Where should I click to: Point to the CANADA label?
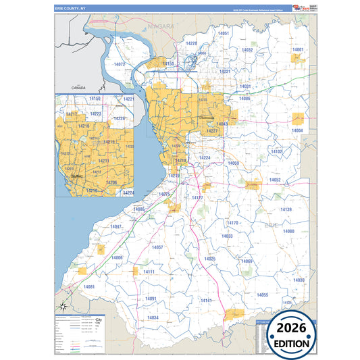click(x=80, y=88)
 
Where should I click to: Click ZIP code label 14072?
click(x=120, y=64)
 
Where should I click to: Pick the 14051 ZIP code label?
click(x=224, y=33)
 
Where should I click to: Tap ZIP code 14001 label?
click(x=297, y=50)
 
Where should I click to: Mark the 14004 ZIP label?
click(x=297, y=130)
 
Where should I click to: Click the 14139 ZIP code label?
click(x=286, y=210)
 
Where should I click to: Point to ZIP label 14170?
click(x=232, y=223)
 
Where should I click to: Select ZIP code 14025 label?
click(x=210, y=259)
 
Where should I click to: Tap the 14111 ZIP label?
click(x=149, y=272)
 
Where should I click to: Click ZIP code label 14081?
click(x=90, y=287)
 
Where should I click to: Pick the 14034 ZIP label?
click(x=153, y=317)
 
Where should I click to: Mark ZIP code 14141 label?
click(x=206, y=301)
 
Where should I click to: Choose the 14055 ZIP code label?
click(x=262, y=295)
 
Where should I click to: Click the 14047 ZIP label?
click(x=116, y=227)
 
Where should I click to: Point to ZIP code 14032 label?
click(x=247, y=50)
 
